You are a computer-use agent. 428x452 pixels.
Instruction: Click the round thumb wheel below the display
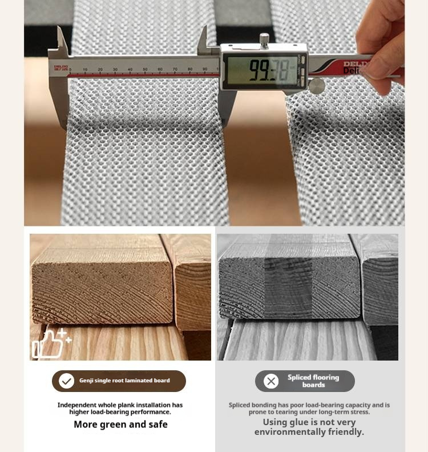click(317, 86)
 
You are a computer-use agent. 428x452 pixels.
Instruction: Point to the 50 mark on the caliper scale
click(145, 69)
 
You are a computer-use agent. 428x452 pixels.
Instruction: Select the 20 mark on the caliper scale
click(100, 70)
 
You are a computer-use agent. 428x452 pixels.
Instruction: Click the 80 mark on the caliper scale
click(190, 69)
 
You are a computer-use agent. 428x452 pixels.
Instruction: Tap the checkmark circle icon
click(67, 381)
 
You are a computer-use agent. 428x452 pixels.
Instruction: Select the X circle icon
click(271, 381)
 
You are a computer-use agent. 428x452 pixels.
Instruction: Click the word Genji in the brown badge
click(86, 381)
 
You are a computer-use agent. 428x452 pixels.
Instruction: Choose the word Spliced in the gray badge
click(299, 377)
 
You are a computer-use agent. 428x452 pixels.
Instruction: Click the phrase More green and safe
click(120, 425)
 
